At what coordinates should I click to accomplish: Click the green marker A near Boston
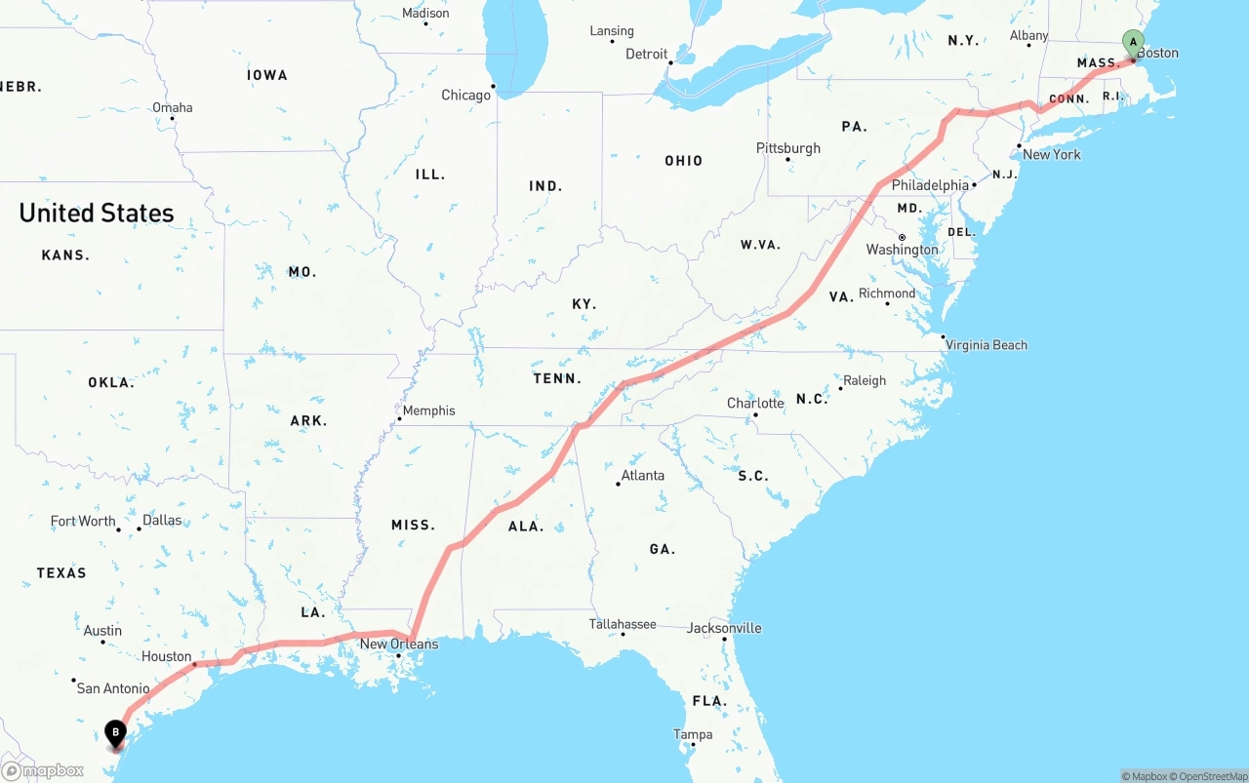[x=1133, y=43]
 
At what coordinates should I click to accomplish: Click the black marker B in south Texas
[x=116, y=732]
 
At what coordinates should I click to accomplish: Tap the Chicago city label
[x=465, y=96]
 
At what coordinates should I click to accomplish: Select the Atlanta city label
[x=642, y=476]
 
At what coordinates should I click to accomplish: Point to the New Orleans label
[x=399, y=645]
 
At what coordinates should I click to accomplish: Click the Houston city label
[x=166, y=656]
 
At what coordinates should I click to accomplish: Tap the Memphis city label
[x=429, y=411]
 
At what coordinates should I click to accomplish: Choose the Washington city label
[x=902, y=251]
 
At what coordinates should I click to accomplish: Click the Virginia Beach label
[x=987, y=345]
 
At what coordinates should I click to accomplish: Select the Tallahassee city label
[x=623, y=624]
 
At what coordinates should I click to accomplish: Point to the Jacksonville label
[x=724, y=628]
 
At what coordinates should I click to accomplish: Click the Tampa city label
[x=693, y=734]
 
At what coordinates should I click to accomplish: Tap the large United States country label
[x=97, y=213]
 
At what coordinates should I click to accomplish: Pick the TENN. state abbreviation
[x=557, y=378]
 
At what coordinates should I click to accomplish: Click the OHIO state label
[x=683, y=161]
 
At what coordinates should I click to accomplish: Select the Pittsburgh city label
[x=788, y=148]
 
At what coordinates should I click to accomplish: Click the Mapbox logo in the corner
[x=43, y=771]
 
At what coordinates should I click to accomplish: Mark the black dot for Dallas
[x=139, y=529]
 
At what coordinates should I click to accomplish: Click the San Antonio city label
[x=113, y=688]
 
